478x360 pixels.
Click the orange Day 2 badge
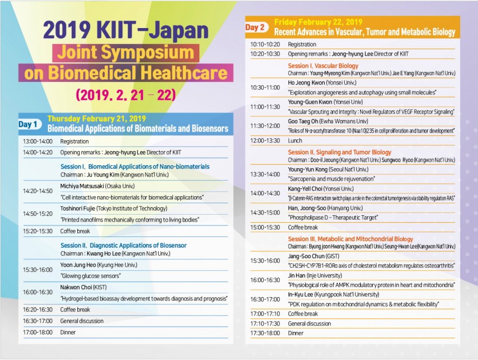click(255, 27)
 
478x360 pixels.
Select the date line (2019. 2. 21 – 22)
click(125, 94)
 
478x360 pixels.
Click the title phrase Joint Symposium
click(123, 54)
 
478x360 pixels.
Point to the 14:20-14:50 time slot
click(38, 191)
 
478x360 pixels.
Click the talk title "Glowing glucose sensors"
click(90, 275)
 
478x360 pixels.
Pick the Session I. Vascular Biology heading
click(323, 66)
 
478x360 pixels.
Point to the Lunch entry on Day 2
click(295, 140)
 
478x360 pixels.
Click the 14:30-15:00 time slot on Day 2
click(265, 212)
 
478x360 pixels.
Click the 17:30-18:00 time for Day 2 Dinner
click(265, 333)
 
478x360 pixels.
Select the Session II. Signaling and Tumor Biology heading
click(339, 152)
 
